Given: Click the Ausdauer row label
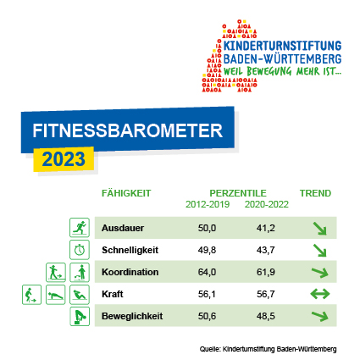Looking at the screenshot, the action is tap(123, 228).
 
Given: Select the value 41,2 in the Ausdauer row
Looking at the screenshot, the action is tap(266, 228).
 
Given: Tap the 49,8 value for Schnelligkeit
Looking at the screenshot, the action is tap(207, 250).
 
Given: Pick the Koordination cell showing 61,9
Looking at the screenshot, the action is tap(266, 272).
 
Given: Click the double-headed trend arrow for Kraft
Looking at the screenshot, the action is tap(320, 294).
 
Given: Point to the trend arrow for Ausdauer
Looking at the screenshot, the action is tap(320, 229).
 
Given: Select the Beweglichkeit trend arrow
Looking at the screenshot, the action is tap(320, 316).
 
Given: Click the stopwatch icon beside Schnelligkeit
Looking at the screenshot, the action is tap(80, 250).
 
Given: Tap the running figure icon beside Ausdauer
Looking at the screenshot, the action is tap(80, 228).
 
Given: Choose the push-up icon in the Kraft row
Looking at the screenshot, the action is tap(56, 295).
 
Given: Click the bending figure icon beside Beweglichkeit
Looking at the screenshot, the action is tap(80, 317).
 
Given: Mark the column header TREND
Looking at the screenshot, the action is tap(315, 193).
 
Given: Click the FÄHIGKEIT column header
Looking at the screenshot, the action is tap(126, 193).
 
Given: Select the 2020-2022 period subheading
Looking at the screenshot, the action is tap(267, 204).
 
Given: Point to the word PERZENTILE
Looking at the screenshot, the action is tap(238, 193).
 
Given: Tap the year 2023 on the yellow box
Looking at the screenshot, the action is tap(64, 159).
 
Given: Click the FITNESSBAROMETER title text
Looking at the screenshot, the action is tap(128, 130).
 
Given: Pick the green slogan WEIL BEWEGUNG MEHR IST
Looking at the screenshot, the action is tap(282, 71).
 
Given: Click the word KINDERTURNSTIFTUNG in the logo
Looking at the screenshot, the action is tap(282, 46).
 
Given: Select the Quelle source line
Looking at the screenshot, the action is tap(269, 349).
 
